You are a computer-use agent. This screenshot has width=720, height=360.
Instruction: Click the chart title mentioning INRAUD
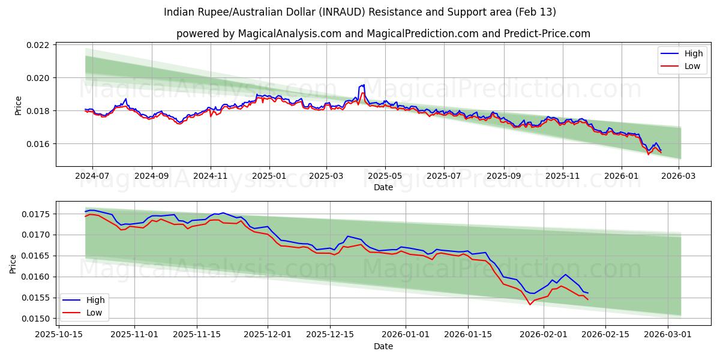coord(359,12)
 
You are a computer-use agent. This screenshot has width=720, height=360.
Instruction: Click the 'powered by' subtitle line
coord(383,34)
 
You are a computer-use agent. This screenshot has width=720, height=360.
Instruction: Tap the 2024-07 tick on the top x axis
coord(92,176)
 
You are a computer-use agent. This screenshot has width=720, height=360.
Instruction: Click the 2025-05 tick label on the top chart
coord(385,176)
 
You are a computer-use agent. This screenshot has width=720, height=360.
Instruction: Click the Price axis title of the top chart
coord(18,106)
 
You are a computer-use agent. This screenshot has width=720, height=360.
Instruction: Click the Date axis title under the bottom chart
coord(383,346)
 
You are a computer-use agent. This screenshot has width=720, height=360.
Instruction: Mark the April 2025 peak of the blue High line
coord(364,85)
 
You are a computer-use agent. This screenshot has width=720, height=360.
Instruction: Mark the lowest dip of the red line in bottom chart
coord(530,304)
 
